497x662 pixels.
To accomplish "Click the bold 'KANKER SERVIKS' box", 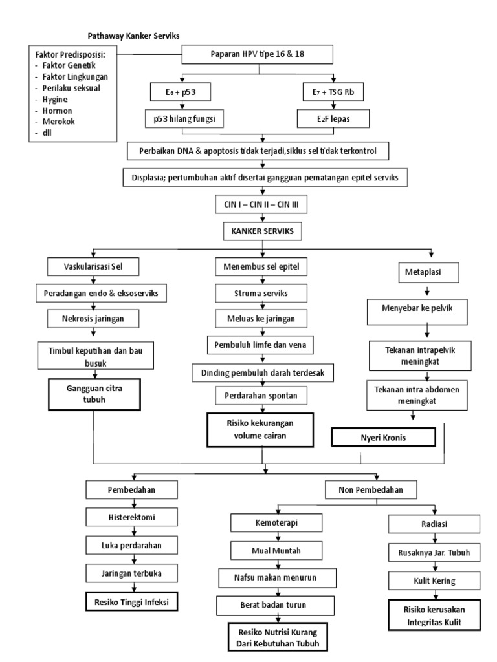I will (261, 231).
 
